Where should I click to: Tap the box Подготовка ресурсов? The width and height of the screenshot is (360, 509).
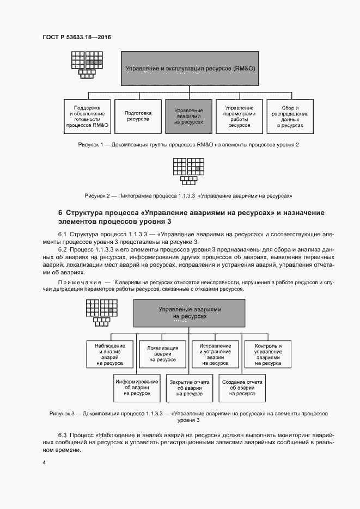point(138,116)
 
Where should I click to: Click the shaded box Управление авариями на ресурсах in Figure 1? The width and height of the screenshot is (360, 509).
point(188,116)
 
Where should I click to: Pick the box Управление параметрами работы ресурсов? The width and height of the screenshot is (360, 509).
point(239,116)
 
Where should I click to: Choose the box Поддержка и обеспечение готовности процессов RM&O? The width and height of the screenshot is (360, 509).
point(87,116)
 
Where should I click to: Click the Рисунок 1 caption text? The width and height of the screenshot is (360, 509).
point(188,145)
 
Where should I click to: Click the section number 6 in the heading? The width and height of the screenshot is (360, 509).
point(60,212)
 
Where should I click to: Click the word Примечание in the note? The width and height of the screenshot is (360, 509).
point(80,282)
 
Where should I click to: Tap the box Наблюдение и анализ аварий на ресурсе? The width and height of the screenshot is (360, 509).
point(110,353)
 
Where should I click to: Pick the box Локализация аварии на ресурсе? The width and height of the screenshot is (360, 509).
point(162,353)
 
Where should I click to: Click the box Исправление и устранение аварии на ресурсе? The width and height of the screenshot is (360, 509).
point(215,353)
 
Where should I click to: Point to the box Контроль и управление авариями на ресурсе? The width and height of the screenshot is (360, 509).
point(264,353)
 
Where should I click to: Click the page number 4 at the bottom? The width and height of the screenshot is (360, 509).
point(44,463)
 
